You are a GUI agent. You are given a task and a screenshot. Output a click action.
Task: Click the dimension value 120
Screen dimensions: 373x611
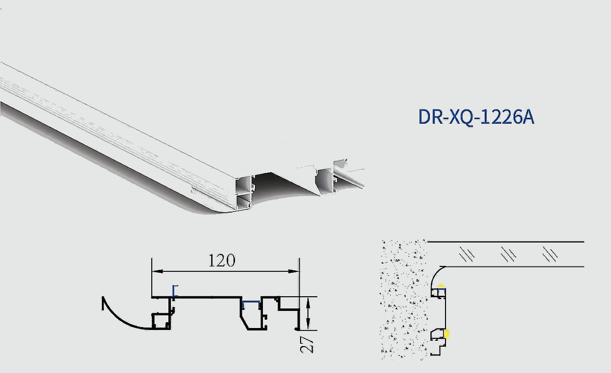coord(222,261)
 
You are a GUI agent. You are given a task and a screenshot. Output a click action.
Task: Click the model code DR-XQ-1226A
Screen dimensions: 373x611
coord(476,118)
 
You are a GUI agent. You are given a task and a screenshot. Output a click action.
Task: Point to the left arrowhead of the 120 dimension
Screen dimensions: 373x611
coord(155,271)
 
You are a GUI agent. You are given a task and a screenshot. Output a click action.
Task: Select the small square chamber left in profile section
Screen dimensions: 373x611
coord(160,321)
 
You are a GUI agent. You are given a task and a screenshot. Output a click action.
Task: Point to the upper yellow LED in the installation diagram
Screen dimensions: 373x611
coord(441,284)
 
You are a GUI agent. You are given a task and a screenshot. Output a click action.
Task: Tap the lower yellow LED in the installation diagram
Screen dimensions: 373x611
coord(447,333)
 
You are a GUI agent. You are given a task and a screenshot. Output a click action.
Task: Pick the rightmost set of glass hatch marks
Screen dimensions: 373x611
coord(550,254)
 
